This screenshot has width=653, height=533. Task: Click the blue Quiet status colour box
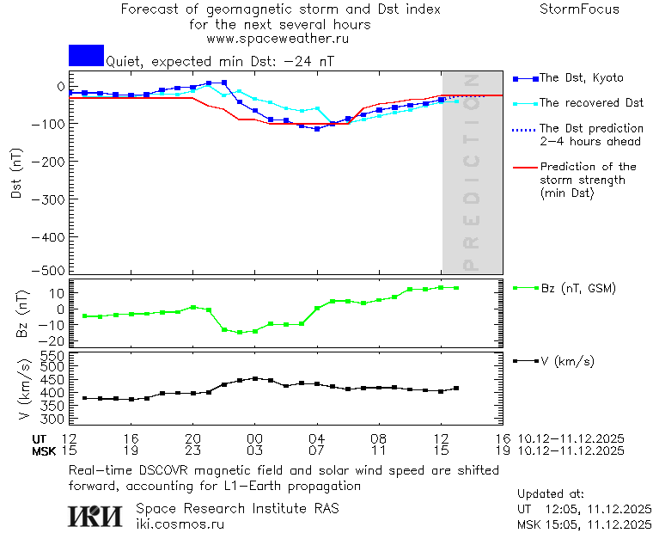(86, 55)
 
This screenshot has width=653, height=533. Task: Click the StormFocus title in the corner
(579, 9)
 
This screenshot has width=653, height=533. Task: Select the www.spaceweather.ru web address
(277, 39)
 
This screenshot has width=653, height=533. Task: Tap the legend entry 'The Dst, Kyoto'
(581, 78)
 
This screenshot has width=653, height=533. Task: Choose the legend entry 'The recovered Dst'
(591, 103)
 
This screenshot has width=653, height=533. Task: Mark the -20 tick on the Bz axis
(55, 340)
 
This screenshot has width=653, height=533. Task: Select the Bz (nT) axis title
(23, 313)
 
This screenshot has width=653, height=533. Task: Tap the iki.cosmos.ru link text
(180, 524)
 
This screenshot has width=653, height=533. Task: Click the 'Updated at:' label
(551, 494)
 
